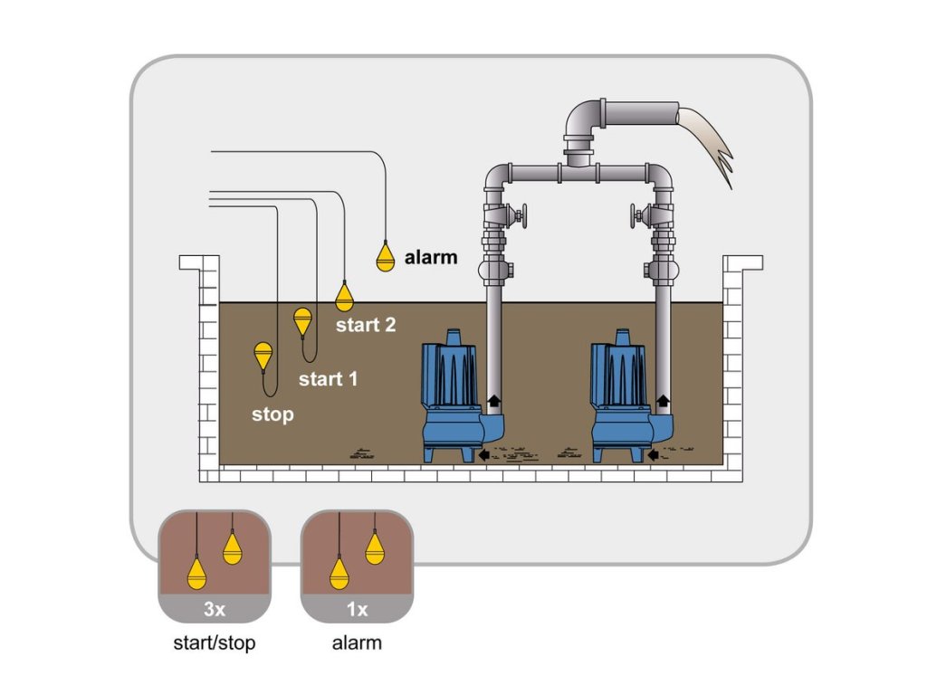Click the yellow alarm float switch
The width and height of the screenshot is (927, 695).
click(x=386, y=258)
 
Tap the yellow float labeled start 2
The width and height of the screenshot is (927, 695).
click(x=344, y=297)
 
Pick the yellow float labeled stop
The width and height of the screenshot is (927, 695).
click(x=263, y=354)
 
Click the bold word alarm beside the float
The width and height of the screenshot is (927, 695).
click(x=431, y=258)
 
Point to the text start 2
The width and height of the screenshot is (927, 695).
click(x=366, y=325)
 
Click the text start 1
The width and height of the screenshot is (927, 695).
click(x=328, y=379)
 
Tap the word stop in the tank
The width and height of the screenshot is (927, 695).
click(x=272, y=415)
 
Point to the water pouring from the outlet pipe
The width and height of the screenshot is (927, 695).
click(x=711, y=140)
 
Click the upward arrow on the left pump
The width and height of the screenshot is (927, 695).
click(x=494, y=400)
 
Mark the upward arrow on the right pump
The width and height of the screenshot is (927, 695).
click(x=663, y=400)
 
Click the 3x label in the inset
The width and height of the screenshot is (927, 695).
click(x=214, y=610)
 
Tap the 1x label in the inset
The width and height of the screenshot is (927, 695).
click(x=357, y=610)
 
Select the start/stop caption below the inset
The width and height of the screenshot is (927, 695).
click(x=214, y=644)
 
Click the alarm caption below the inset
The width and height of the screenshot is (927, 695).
click(x=357, y=644)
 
